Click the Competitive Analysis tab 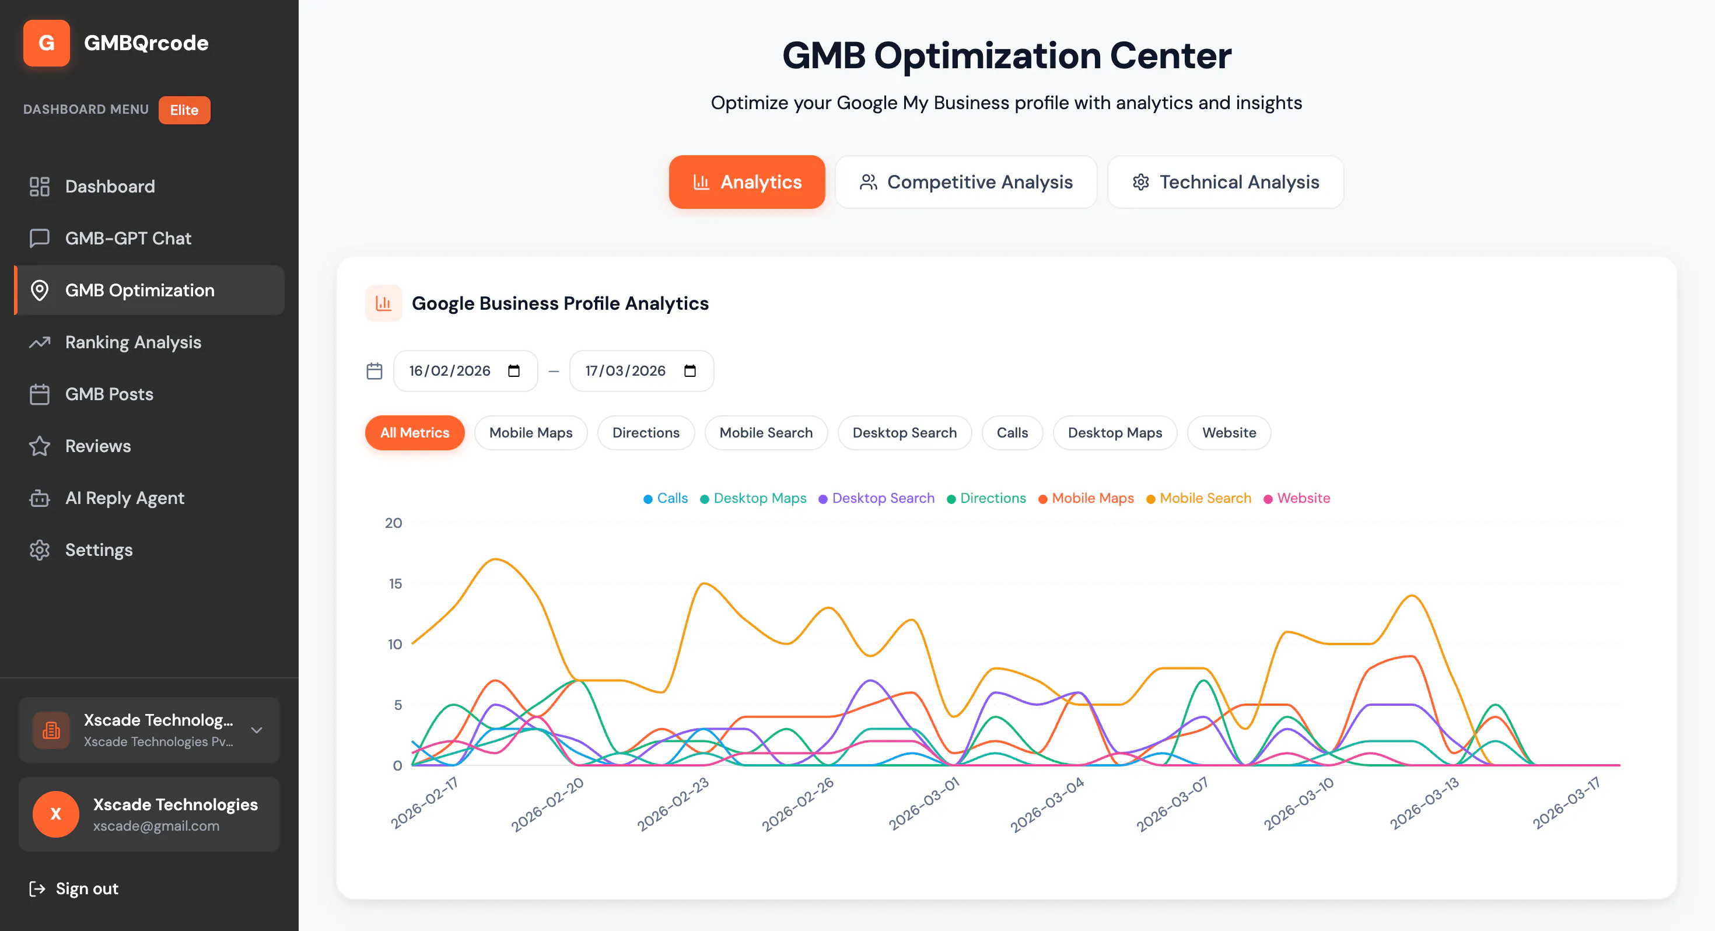coord(966,182)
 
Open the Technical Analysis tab coord(1226,182)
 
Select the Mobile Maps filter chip coord(531,433)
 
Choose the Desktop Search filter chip coord(904,433)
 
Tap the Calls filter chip coord(1012,433)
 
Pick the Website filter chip coord(1229,433)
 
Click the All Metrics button coord(415,433)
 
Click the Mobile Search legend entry coord(1198,498)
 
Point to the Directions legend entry coord(986,498)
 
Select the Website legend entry coord(1297,498)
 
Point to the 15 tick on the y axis coord(395,584)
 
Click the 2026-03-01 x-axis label coord(923,803)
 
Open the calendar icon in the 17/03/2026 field coord(689,371)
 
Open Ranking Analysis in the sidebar coord(133,342)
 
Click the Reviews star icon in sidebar coord(40,446)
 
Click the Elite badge coord(184,110)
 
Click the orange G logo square coord(47,43)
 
